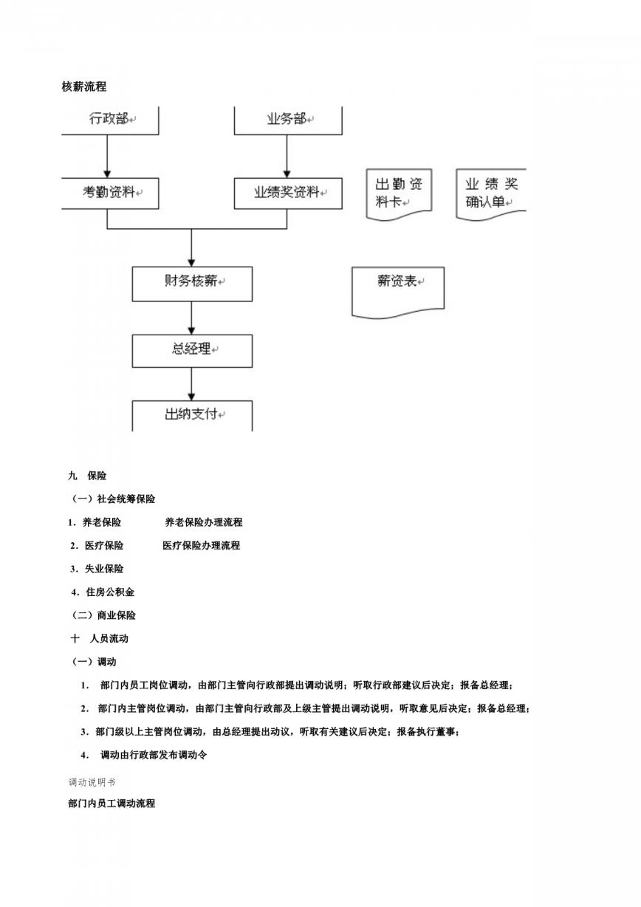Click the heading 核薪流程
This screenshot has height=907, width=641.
pos(84,86)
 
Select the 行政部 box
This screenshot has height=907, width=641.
pos(110,120)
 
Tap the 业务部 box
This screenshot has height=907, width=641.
pos(288,120)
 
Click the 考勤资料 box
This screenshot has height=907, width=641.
pos(110,193)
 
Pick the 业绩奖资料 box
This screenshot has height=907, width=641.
pos(288,193)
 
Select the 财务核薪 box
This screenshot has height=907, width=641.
pos(192,284)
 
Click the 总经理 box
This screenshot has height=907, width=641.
pos(192,351)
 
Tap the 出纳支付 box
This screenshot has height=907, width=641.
pos(192,416)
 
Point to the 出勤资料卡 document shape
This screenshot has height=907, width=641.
pos(399,194)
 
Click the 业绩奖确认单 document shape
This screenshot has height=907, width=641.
pos(491,194)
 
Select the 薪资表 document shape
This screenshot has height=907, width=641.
pos(397,292)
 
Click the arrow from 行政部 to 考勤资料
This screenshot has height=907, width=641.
pos(107,157)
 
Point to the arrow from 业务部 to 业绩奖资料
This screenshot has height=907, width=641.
pos(287,157)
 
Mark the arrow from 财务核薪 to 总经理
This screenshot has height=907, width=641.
pos(191,318)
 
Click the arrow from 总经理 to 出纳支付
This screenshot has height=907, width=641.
pos(191,384)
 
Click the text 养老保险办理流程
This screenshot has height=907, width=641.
pos(204,522)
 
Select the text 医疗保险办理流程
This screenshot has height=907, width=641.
pos(202,545)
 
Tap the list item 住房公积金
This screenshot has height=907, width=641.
pos(103,592)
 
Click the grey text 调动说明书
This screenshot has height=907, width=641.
pos(92,782)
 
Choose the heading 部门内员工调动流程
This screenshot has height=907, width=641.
pos(112,804)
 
